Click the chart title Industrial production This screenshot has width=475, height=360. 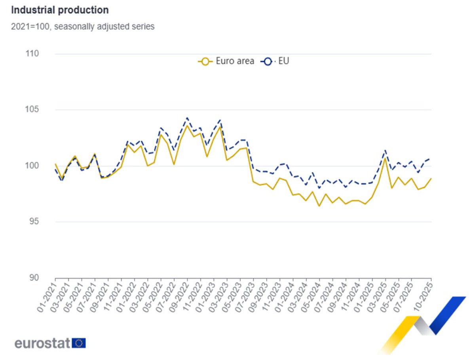click(x=60, y=10)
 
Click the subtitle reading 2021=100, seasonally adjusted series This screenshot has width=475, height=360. click(x=83, y=27)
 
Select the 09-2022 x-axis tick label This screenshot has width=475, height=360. click(x=180, y=297)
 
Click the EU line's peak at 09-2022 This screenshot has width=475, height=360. click(x=187, y=118)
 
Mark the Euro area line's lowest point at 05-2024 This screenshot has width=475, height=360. click(x=319, y=206)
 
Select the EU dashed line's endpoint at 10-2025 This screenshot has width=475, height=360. click(x=431, y=158)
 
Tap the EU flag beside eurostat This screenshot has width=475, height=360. click(x=79, y=343)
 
